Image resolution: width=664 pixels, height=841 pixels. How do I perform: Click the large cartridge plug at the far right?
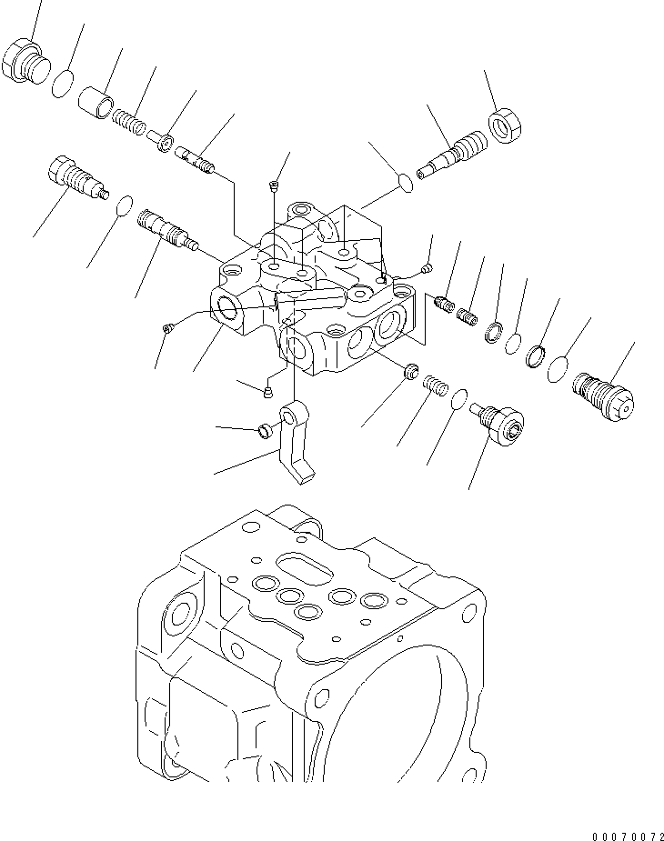[x=600, y=397]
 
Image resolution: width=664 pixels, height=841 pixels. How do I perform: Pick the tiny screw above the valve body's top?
[x=275, y=187]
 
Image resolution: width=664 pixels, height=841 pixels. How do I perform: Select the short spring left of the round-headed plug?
[x=438, y=387]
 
